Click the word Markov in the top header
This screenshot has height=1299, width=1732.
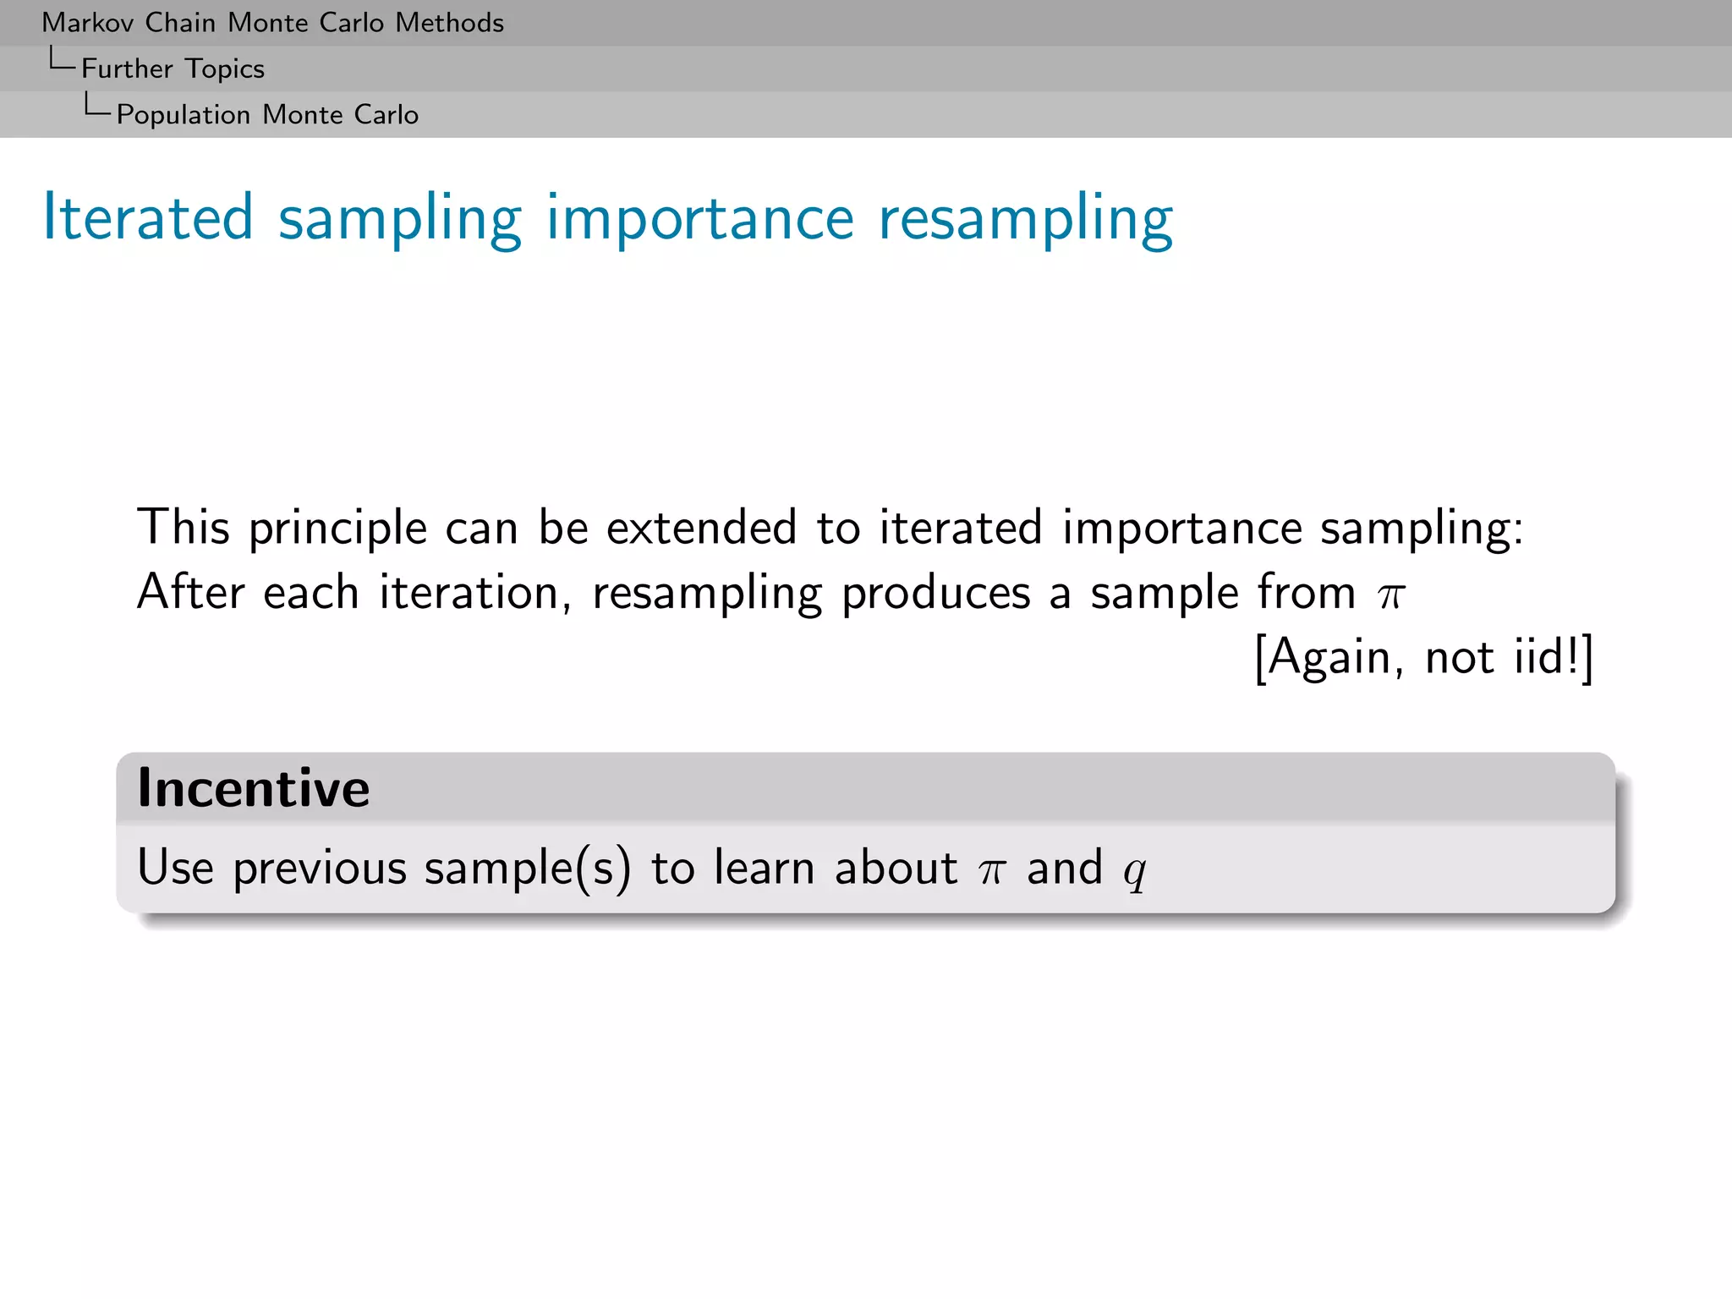[x=88, y=23]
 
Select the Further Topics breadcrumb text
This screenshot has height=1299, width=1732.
[x=173, y=69]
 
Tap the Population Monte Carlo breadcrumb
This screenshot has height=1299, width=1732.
[x=267, y=114]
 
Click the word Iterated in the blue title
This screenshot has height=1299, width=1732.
[x=148, y=217]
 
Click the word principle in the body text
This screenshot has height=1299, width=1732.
[x=337, y=529]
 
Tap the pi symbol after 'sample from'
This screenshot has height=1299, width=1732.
[x=1390, y=595]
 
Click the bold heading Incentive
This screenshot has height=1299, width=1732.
[x=254, y=788]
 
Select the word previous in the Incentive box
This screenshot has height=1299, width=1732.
[x=320, y=869]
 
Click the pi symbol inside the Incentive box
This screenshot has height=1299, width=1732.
[x=991, y=871]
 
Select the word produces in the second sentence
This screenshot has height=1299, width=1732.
[x=935, y=594]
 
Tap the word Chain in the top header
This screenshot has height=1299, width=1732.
[x=180, y=23]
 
